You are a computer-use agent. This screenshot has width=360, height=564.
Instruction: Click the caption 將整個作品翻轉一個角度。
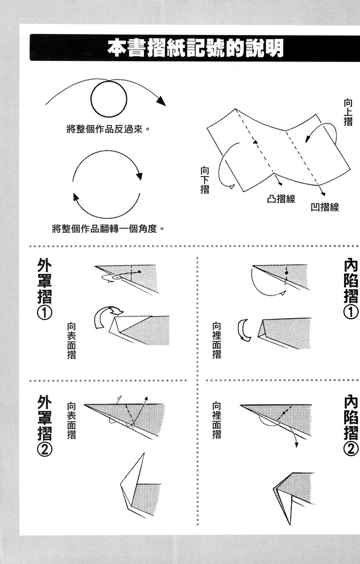[107, 229]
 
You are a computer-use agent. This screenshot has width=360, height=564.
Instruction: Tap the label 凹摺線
[324, 207]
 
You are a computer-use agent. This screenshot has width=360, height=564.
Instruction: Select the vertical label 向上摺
[348, 112]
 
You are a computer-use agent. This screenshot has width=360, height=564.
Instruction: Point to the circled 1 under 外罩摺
[45, 312]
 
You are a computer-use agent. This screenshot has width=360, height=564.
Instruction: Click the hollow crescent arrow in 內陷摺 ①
[243, 330]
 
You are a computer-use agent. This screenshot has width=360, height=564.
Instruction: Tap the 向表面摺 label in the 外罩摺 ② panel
[72, 420]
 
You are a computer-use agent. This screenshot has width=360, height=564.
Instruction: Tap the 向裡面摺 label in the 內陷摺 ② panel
[216, 420]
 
